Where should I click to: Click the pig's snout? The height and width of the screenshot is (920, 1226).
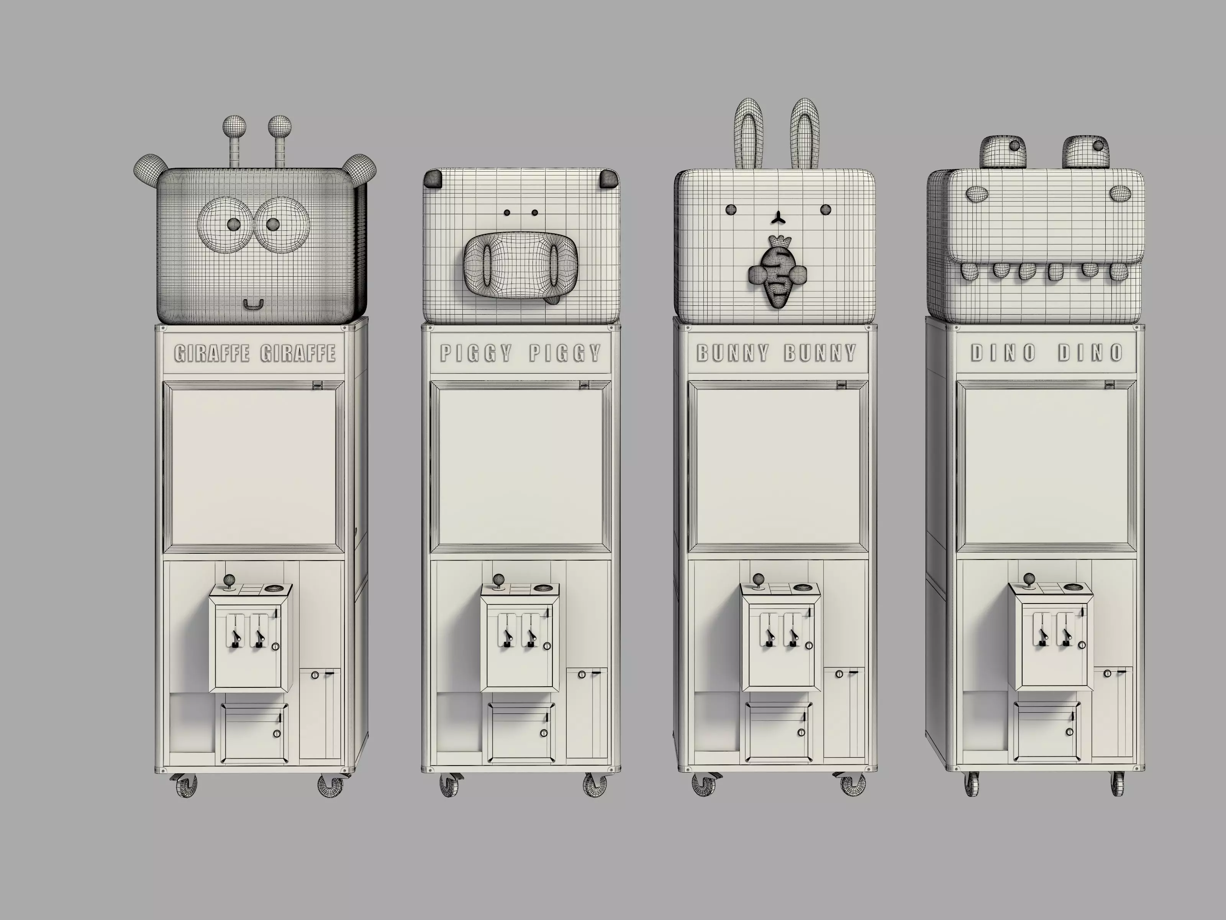tap(520, 262)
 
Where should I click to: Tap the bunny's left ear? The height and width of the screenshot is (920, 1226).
tap(749, 133)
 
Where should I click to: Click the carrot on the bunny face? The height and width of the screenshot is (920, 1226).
tap(777, 272)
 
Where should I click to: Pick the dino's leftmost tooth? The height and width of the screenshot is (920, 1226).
tap(969, 271)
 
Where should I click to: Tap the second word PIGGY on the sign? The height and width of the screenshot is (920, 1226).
tap(565, 353)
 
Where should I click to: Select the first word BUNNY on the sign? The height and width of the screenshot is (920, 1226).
tap(733, 353)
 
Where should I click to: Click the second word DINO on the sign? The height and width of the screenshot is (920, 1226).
tap(1090, 353)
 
